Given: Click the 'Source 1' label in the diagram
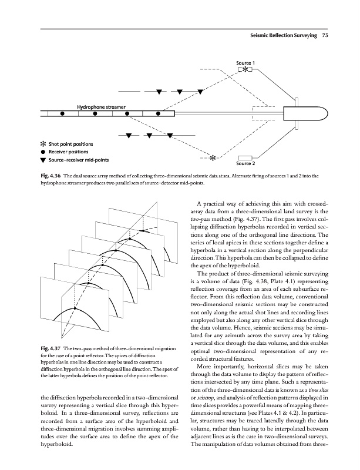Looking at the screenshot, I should (245, 62).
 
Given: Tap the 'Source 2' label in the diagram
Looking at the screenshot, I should (245, 163).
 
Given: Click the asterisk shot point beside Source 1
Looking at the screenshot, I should (244, 70).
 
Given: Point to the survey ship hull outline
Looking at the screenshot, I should (300, 114).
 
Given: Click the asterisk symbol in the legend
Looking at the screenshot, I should (43, 144).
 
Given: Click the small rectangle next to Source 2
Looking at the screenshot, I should (245, 157).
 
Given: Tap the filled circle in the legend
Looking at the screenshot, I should (43, 152).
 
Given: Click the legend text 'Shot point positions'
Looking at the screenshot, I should (71, 144).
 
